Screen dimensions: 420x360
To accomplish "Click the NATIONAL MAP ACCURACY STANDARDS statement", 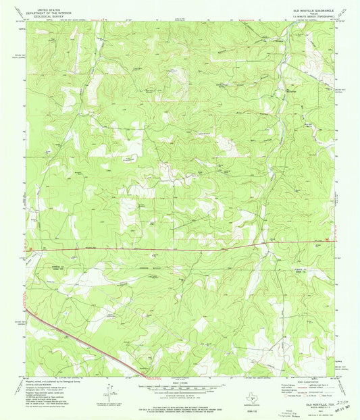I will (x=180, y=399).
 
